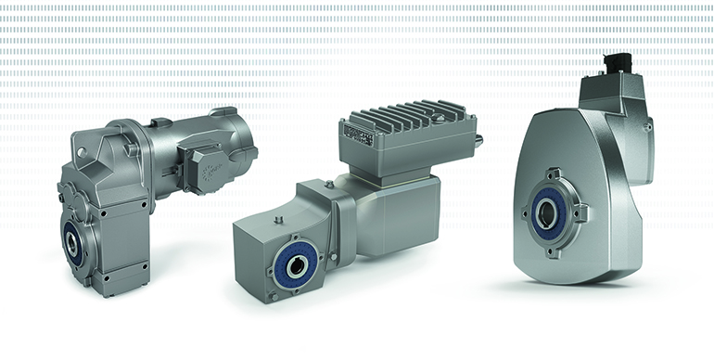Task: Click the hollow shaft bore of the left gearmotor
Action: point(71,244)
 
